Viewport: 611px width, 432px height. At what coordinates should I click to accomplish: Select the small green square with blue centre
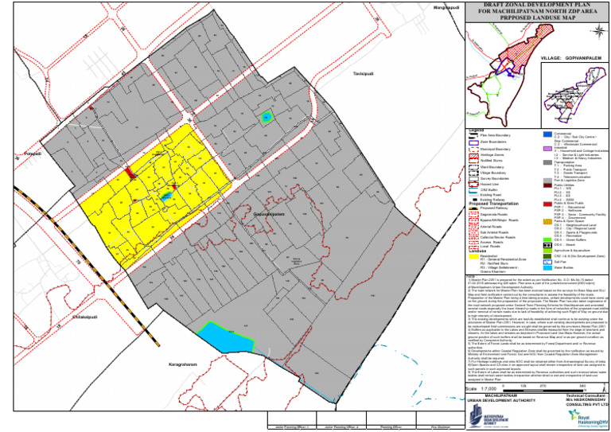267,118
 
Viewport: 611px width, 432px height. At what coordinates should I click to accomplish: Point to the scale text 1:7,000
488,387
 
